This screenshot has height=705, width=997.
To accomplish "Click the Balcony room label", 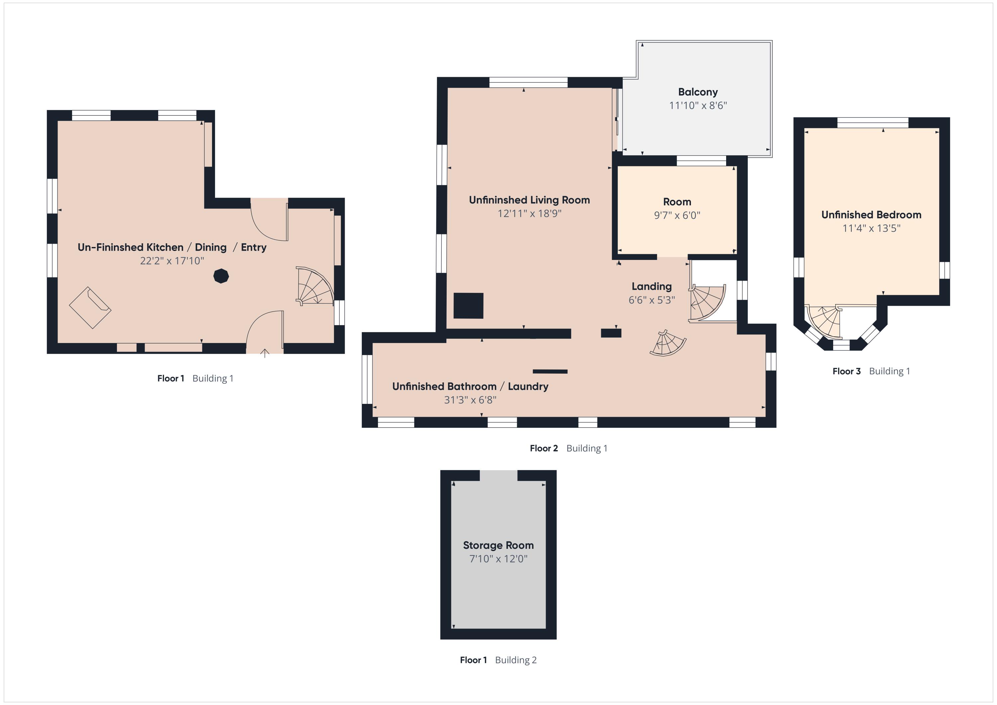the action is point(698,92).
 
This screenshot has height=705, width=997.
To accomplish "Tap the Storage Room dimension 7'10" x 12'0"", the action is point(498,559).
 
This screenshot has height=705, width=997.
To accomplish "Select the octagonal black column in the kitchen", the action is point(221,276).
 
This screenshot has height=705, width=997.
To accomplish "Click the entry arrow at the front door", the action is point(265,353).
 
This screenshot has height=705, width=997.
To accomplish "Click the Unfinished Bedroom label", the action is point(871,215).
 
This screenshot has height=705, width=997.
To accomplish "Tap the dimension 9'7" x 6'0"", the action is point(677,215).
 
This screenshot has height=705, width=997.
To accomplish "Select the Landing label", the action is point(651,287).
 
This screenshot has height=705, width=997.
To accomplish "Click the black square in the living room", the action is point(468,305).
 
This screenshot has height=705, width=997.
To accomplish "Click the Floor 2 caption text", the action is point(544,448).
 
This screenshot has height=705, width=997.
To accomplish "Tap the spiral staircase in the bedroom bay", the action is point(824,322).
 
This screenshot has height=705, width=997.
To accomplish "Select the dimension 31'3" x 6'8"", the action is point(470,400).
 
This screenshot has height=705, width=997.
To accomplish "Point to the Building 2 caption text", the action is point(516,660).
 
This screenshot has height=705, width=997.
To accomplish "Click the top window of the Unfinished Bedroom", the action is point(872,123).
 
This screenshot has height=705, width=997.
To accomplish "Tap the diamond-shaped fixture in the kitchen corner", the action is point(90,307).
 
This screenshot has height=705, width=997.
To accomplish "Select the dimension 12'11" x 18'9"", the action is point(529,214).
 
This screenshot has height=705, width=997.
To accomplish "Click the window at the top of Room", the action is point(701,161).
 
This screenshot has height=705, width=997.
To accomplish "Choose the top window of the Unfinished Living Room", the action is point(528,82).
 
